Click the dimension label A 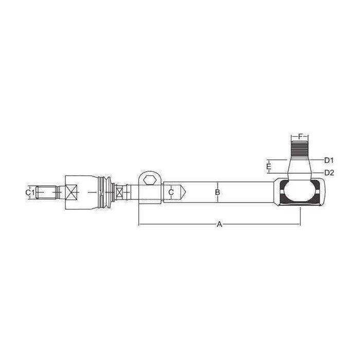(220, 224)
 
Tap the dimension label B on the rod (218, 192)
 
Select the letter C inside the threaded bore (171, 192)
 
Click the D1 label (329, 160)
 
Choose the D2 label (329, 173)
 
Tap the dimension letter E (268, 166)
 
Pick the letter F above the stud (300, 137)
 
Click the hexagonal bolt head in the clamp (150, 180)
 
